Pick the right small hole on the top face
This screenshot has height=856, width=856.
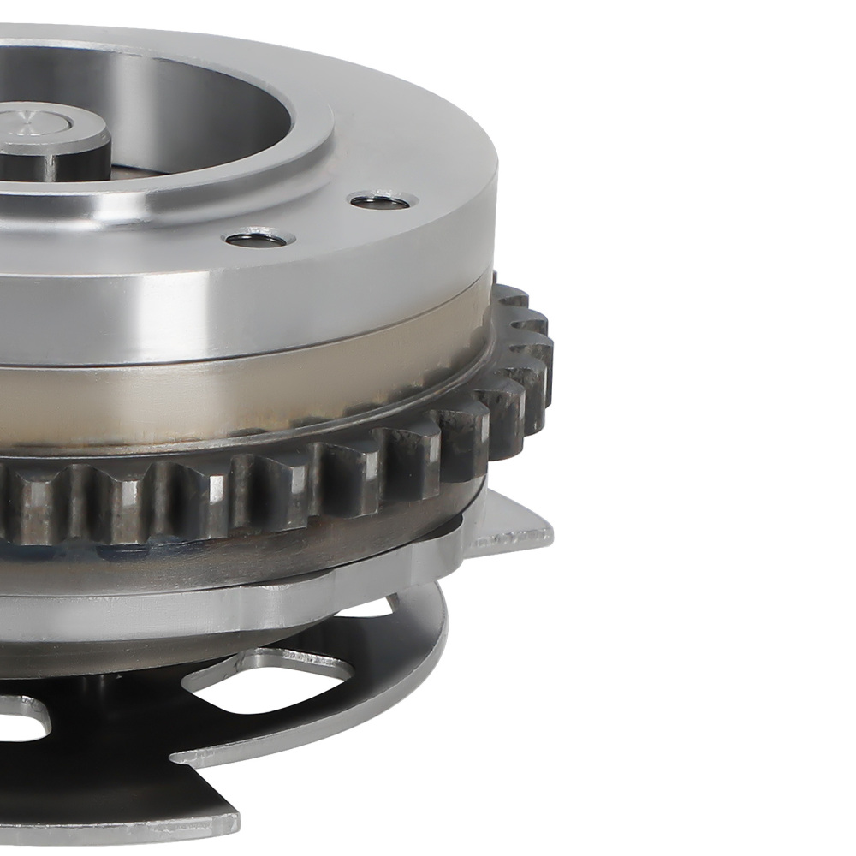(x=383, y=201)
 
